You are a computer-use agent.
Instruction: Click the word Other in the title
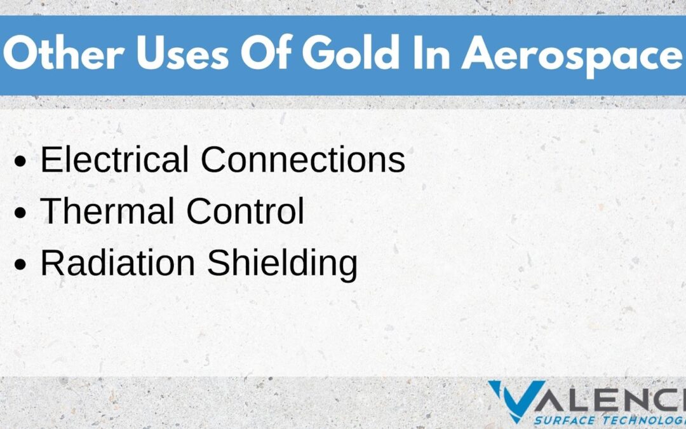click(x=64, y=53)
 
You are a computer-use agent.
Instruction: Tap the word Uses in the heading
click(x=182, y=53)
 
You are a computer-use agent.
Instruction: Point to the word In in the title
click(x=431, y=53)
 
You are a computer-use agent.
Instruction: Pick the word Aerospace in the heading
click(x=572, y=56)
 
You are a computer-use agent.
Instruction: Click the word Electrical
click(x=114, y=159)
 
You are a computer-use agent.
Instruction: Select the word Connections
click(x=303, y=159)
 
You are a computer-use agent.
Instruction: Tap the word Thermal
click(x=107, y=211)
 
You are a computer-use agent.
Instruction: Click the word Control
click(x=245, y=211)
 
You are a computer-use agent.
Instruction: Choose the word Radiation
click(x=118, y=263)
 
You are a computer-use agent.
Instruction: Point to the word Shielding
click(x=282, y=265)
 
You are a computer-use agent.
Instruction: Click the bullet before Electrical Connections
click(x=20, y=161)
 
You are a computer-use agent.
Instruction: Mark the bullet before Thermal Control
click(x=20, y=213)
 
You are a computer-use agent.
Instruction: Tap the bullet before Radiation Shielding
click(x=20, y=265)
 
